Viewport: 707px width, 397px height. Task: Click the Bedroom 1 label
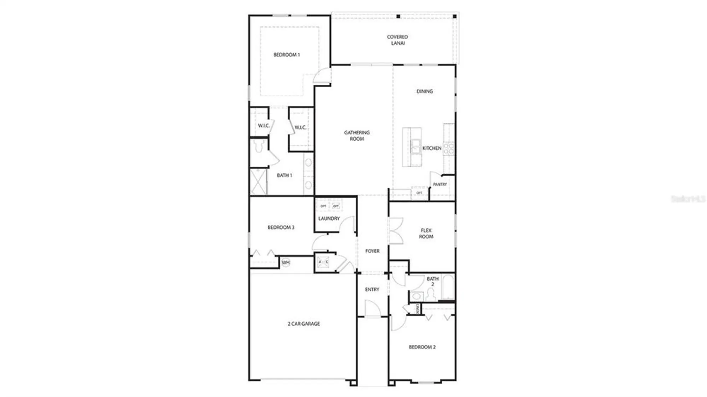click(x=286, y=55)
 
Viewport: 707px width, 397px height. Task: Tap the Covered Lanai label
click(x=397, y=40)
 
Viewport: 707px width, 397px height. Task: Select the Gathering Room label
click(x=357, y=136)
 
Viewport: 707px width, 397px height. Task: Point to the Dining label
click(x=424, y=91)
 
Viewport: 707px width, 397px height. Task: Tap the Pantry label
click(x=440, y=184)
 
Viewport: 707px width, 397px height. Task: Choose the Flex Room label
click(x=426, y=233)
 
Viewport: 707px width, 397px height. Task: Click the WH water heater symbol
click(x=286, y=262)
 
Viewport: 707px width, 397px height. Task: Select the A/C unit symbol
click(x=323, y=262)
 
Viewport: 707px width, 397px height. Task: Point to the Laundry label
click(x=329, y=219)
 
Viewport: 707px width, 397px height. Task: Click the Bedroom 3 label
click(x=281, y=227)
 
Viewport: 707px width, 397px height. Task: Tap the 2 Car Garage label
click(x=303, y=324)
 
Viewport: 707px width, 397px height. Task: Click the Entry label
click(x=372, y=290)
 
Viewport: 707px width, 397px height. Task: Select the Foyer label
click(x=372, y=251)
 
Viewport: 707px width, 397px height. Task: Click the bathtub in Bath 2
click(x=448, y=287)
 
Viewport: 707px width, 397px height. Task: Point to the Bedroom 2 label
click(x=422, y=347)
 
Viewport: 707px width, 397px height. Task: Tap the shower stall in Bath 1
click(x=258, y=182)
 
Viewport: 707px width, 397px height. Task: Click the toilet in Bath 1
click(x=259, y=146)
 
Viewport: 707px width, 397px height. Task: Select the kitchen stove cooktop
click(x=449, y=149)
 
